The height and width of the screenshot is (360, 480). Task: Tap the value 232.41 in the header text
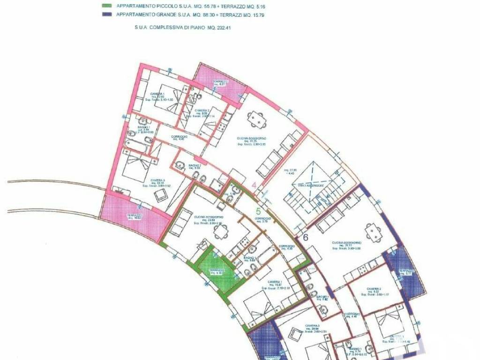point(224,28)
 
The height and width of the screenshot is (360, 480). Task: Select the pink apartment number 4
point(254,185)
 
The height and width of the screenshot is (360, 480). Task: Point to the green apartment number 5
point(258,212)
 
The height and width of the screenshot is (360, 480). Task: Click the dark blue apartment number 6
point(305,237)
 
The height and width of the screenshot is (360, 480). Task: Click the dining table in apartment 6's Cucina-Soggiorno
point(373,232)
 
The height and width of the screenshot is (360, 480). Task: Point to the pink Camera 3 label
point(157,180)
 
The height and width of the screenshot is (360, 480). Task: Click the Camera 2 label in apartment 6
point(373,289)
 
